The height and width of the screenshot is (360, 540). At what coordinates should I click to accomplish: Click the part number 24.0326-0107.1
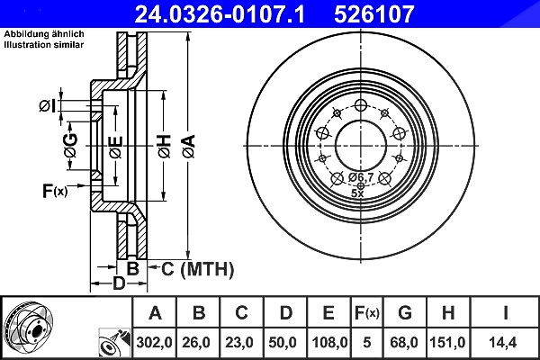[220, 14]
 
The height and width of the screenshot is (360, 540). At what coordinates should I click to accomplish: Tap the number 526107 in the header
[373, 14]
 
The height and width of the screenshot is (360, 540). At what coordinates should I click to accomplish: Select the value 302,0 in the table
[154, 342]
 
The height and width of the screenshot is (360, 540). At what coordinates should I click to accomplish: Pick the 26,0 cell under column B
[196, 342]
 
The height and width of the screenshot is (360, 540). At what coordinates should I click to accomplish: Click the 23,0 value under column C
[239, 342]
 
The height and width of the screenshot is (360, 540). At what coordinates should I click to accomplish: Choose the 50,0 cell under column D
[283, 342]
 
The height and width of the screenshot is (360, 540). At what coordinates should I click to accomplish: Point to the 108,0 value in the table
[329, 342]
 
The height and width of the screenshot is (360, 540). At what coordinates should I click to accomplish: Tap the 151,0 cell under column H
[447, 342]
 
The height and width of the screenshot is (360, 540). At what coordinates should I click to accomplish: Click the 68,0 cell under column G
[404, 342]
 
